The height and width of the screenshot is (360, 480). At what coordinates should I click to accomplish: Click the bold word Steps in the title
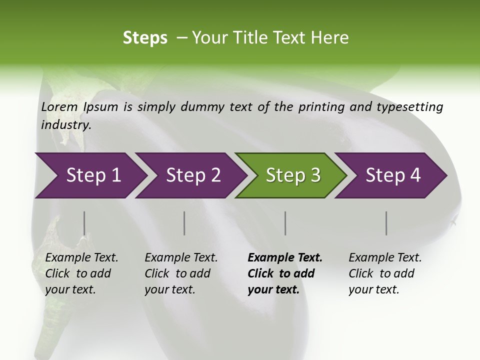click(145, 37)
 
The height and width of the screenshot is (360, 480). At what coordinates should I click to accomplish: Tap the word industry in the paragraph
click(65, 124)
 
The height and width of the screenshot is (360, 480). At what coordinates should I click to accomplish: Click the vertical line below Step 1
click(84, 223)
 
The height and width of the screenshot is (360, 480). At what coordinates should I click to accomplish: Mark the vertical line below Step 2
click(184, 223)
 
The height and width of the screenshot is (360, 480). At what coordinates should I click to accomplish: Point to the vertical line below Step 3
click(285, 223)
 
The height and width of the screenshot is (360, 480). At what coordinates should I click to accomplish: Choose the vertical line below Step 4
click(386, 223)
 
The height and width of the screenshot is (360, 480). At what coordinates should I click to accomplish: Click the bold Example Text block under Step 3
click(284, 273)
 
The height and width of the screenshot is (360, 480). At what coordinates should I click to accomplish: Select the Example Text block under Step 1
click(81, 273)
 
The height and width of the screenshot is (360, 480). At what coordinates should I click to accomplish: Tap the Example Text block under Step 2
click(181, 273)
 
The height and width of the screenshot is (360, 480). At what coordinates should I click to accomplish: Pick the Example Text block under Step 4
click(385, 273)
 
